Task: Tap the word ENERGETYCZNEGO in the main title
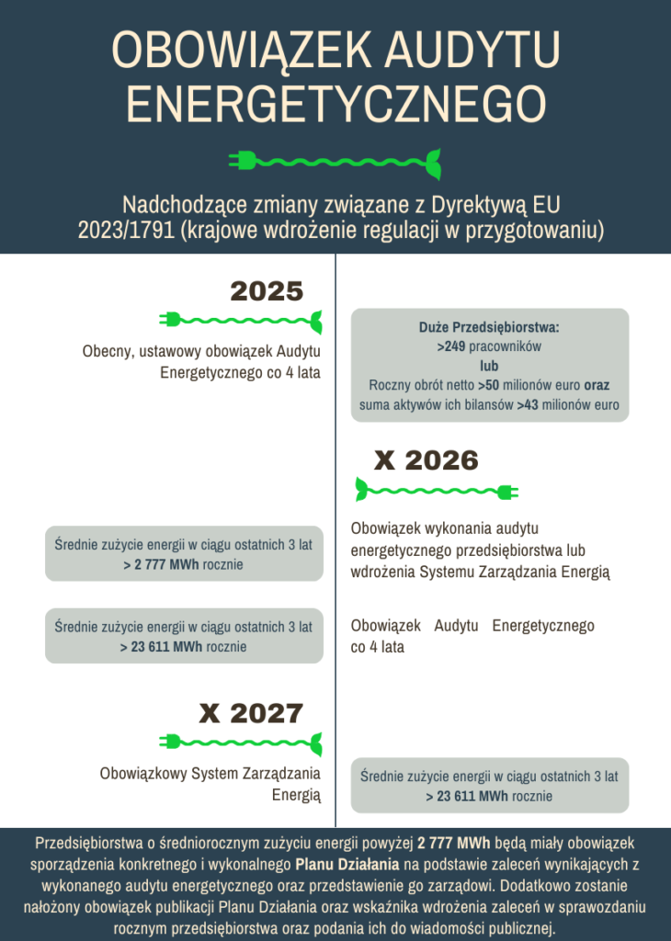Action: [x=335, y=103]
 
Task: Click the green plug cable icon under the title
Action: [x=335, y=162]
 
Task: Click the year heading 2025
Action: [x=267, y=291]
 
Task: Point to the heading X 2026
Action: [x=426, y=459]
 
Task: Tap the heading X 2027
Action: [x=251, y=713]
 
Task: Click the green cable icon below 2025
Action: [x=241, y=320]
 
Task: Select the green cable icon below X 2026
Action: [x=437, y=491]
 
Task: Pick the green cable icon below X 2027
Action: [x=241, y=741]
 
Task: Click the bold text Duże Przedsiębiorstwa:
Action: [x=489, y=327]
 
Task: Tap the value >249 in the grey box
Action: [x=451, y=346]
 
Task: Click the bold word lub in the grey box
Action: [x=489, y=366]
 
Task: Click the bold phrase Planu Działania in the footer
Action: [x=347, y=865]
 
